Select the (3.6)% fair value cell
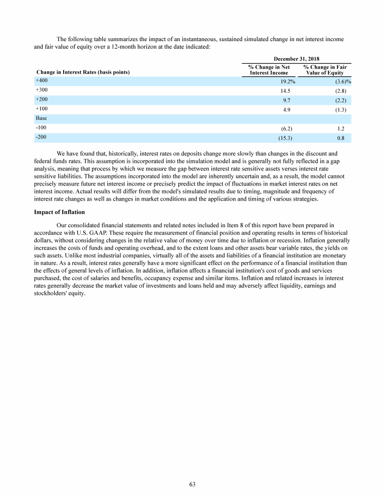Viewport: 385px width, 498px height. click(342, 81)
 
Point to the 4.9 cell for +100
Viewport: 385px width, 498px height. click(288, 109)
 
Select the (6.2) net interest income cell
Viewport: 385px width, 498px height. click(287, 128)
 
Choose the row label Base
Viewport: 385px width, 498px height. click(41, 118)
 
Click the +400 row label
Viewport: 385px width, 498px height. click(42, 80)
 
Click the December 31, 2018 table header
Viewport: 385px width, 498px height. click(297, 59)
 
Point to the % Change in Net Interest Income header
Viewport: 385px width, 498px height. click(269, 70)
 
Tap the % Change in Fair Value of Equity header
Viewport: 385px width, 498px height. click(325, 70)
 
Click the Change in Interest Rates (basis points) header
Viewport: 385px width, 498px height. click(82, 73)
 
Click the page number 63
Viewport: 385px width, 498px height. click(192, 484)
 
